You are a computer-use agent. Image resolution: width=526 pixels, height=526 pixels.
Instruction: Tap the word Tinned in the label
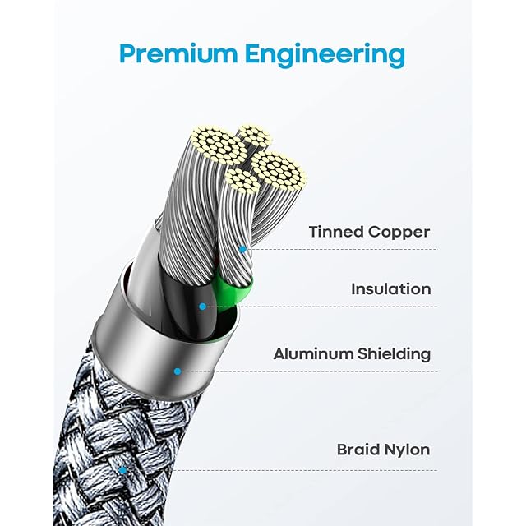[335, 232]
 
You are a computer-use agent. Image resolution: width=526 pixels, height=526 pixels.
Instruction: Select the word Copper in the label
[398, 233]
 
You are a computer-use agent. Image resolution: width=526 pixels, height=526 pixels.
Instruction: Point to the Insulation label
[390, 289]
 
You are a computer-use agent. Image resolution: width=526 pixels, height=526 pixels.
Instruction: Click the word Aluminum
[313, 354]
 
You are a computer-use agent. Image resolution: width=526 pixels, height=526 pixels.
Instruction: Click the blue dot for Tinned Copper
[242, 247]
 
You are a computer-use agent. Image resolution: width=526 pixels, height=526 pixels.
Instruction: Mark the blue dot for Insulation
[202, 307]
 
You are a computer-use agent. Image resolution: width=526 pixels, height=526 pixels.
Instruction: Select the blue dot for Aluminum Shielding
[177, 371]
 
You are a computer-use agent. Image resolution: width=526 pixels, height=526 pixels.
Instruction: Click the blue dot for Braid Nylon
[122, 470]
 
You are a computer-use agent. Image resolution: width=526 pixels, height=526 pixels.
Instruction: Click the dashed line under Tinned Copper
[345, 248]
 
